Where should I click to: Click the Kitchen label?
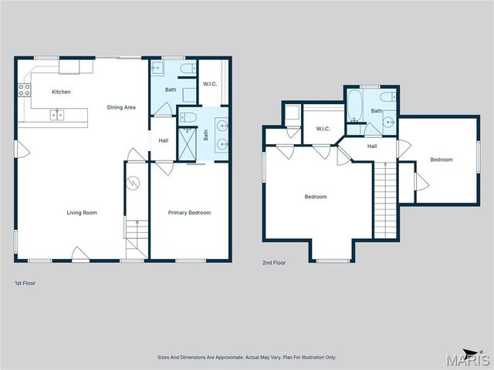[61, 92]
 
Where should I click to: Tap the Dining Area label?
[121, 107]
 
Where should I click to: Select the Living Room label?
[81, 213]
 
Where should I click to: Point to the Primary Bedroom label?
[189, 213]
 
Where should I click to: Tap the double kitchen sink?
[56, 116]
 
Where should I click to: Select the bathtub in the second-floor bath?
[355, 108]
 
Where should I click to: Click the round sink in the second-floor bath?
[391, 121]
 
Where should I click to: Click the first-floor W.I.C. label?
[210, 83]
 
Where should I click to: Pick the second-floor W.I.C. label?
[323, 129]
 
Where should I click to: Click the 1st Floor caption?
[25, 283]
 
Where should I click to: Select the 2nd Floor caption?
[274, 263]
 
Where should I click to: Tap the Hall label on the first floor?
[164, 140]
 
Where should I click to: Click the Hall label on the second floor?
[372, 146]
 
